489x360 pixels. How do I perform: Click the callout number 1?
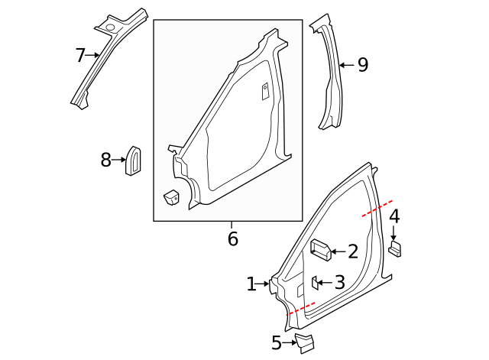[x=251, y=284]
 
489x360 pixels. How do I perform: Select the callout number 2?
[x=352, y=251]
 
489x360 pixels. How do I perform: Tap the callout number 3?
[x=339, y=282]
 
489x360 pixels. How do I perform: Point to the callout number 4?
[x=394, y=217]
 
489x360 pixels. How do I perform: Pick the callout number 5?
[x=277, y=343]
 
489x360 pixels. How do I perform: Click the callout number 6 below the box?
[x=232, y=239]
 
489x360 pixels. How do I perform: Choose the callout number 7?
[x=80, y=55]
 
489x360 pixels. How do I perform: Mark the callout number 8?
[x=106, y=160]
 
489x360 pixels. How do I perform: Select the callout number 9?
[x=362, y=65]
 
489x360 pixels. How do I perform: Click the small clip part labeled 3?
[x=313, y=282]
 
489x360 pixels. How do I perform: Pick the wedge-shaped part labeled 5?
[x=306, y=342]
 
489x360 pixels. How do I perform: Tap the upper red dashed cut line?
[x=377, y=209]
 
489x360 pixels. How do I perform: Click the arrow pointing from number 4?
[x=394, y=233]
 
